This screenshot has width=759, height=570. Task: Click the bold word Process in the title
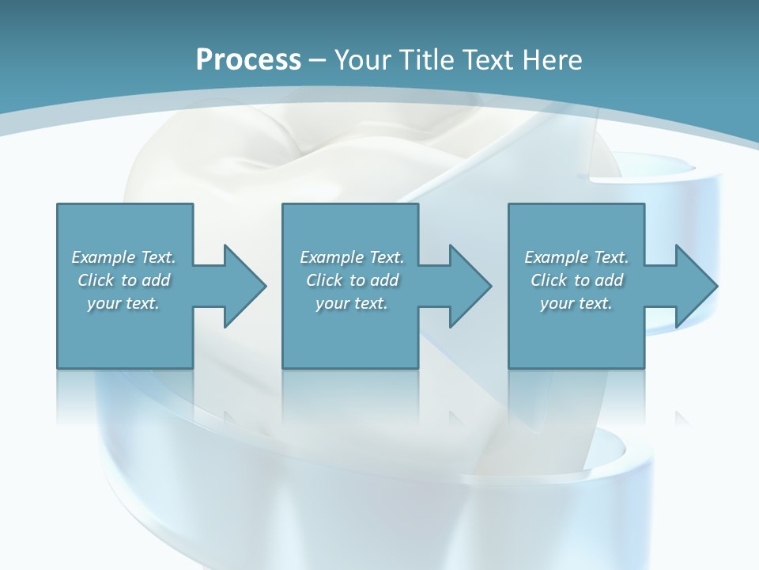pos(248,59)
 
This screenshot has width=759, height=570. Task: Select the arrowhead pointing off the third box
pos(695,286)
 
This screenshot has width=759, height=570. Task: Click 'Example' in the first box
pos(104,257)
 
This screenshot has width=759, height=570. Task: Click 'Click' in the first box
pos(96,280)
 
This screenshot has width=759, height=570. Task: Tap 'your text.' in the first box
pos(123,303)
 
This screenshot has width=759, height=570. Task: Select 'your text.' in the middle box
pos(352,303)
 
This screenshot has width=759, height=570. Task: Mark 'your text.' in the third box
pos(576,303)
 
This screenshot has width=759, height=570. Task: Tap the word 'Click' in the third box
pos(549,280)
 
